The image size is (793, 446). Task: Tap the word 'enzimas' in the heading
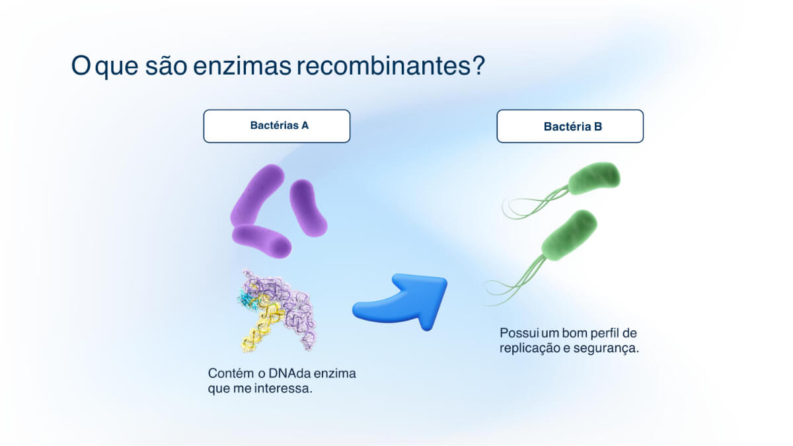[242, 65]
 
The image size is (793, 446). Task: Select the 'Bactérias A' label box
[276, 126]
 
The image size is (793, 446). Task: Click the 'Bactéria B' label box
[570, 126]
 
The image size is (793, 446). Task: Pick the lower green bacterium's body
[569, 235]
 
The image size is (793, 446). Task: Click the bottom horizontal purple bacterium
[262, 241]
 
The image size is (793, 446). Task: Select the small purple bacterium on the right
[308, 207]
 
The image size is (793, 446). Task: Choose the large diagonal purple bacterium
[256, 196]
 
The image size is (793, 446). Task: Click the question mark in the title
[478, 65]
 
